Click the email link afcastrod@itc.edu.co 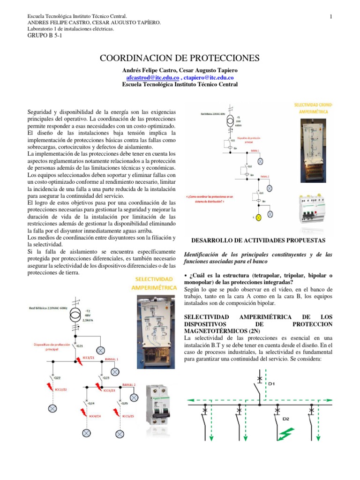pos(153,77)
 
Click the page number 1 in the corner pos(331,17)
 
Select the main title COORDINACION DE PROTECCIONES pos(180,58)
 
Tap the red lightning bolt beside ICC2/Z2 pos(48,387)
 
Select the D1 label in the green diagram pos(271,384)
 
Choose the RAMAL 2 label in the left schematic pos(129,384)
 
